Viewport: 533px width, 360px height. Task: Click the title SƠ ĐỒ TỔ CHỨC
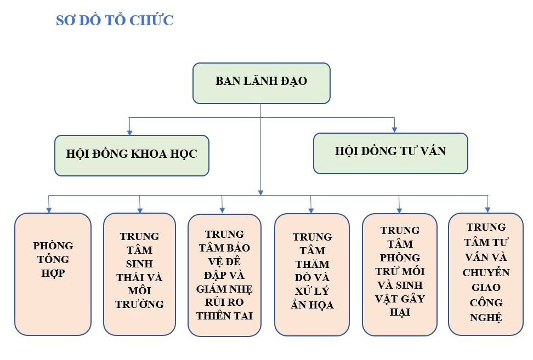[115, 20]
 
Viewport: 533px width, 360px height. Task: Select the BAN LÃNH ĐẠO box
[262, 83]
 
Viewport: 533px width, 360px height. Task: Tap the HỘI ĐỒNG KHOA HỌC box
[132, 156]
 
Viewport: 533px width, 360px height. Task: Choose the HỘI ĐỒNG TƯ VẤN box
[390, 153]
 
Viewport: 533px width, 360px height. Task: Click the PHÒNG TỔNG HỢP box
[53, 274]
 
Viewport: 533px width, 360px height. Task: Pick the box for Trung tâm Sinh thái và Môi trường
[139, 274]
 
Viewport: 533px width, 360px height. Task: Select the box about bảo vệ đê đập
[224, 275]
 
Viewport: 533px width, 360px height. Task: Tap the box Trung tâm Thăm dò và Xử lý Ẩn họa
[312, 275]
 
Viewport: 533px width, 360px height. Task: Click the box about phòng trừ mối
[400, 275]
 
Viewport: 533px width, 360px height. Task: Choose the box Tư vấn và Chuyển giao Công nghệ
[486, 274]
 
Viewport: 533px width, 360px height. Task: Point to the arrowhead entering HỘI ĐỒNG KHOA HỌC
[129, 132]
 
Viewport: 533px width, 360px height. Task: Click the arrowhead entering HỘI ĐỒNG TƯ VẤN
[394, 130]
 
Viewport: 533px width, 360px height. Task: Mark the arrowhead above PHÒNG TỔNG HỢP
[49, 210]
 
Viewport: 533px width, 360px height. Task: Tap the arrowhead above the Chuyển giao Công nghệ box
[487, 210]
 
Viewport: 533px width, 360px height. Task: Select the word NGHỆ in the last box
[486, 318]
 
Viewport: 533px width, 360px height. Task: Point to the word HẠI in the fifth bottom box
[400, 312]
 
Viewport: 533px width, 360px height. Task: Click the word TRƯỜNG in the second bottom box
[139, 304]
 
